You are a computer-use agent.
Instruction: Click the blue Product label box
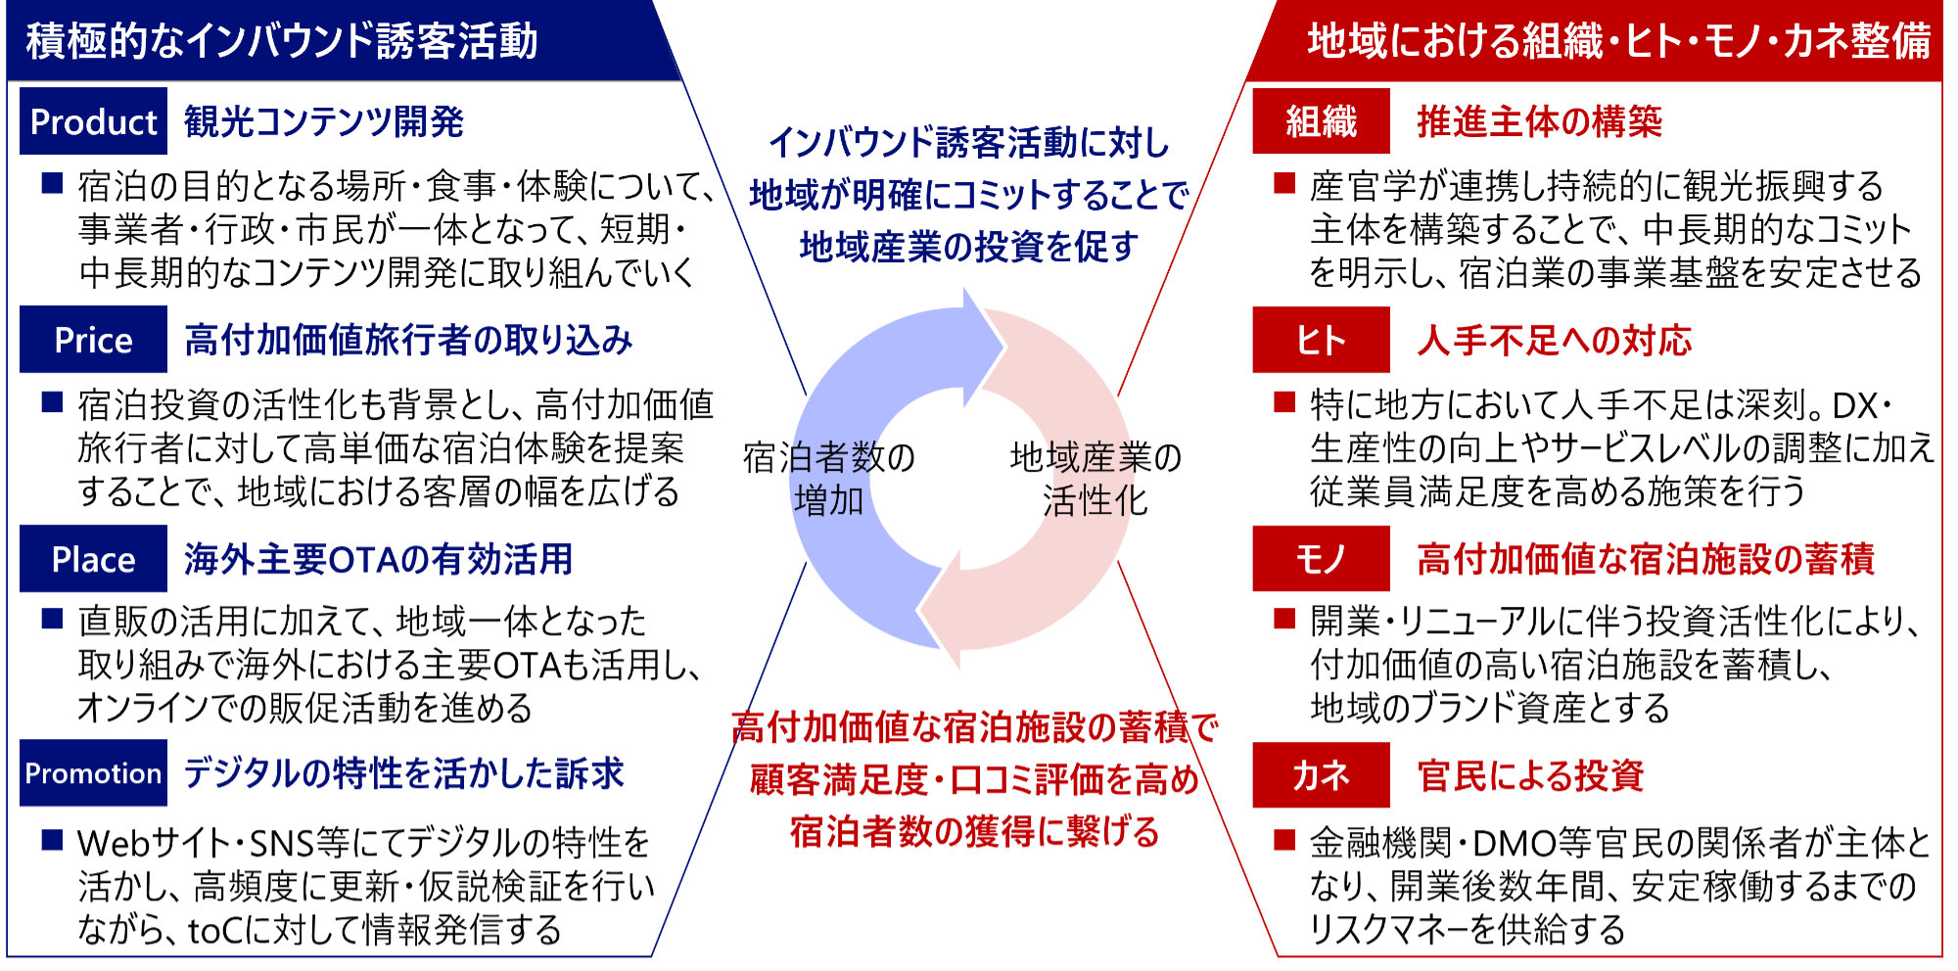(93, 121)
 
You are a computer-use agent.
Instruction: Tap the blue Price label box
(93, 340)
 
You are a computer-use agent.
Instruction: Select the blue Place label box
(93, 559)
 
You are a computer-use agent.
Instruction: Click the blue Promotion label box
(93, 773)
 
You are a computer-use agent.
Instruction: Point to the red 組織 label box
(1321, 121)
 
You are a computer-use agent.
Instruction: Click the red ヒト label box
(1321, 340)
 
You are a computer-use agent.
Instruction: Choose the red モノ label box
(1321, 559)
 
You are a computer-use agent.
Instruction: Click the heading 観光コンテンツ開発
(324, 121)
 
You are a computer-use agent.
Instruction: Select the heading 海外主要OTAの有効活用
(378, 559)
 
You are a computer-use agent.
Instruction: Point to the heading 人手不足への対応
(1555, 340)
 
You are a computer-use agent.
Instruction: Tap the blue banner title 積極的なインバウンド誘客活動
(282, 41)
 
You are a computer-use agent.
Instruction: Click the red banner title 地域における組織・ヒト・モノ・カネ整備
(1619, 41)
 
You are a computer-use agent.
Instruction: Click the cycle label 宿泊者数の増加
(829, 479)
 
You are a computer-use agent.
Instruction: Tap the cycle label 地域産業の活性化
(1096, 479)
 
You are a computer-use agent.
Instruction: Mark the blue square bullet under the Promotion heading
(53, 840)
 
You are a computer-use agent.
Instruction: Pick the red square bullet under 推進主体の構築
(1284, 183)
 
